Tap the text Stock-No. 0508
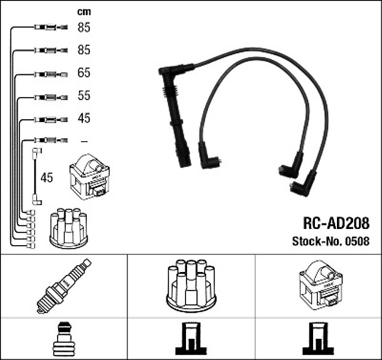(331, 242)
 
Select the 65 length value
(84, 73)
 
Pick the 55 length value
(84, 96)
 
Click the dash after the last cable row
(84, 141)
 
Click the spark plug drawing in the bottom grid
(64, 287)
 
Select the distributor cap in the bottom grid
(191, 285)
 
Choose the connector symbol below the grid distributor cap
(191, 340)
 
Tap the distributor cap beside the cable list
(67, 229)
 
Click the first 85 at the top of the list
(84, 27)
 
